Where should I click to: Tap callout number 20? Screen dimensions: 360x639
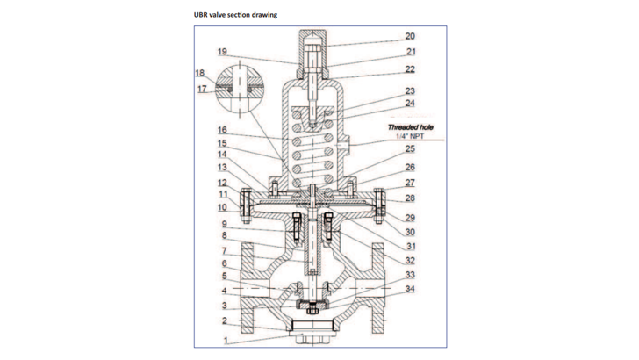[x=410, y=36]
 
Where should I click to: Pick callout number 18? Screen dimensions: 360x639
[x=199, y=73]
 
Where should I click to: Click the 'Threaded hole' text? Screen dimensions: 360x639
[x=411, y=126]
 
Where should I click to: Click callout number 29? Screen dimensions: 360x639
[x=410, y=216]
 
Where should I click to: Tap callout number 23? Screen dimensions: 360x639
[x=410, y=90]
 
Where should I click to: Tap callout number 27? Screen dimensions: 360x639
[x=410, y=183]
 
